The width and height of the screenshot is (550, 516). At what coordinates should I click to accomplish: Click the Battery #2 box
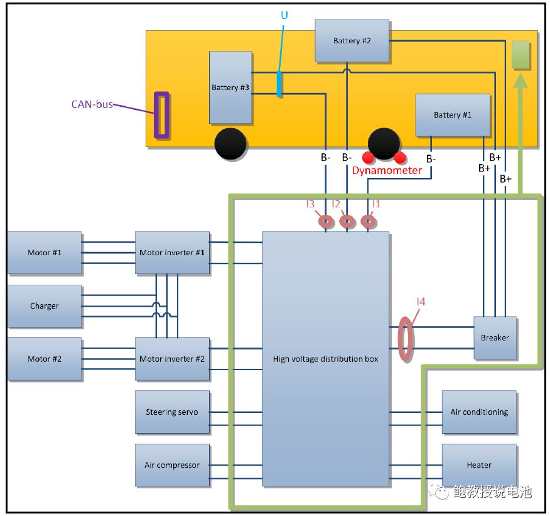[352, 41]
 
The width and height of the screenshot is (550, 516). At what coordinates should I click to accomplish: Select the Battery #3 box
[230, 87]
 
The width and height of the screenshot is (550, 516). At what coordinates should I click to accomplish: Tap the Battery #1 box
[452, 115]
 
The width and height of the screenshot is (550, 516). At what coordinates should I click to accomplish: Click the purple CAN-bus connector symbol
[162, 115]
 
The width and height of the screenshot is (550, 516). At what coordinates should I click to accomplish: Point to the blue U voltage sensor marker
[279, 84]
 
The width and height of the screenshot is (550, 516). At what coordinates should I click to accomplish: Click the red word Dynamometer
[387, 170]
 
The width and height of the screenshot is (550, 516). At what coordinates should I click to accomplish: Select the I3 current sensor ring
[326, 221]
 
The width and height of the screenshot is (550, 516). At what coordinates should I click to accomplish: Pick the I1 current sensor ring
[368, 221]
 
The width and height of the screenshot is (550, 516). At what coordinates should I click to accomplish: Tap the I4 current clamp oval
[407, 339]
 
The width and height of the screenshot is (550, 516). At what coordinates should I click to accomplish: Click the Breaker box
[495, 338]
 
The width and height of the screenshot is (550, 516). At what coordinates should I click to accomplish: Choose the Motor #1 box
[44, 253]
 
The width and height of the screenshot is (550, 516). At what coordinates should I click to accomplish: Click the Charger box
[44, 306]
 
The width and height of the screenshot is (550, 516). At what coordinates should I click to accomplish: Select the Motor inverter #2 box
[172, 359]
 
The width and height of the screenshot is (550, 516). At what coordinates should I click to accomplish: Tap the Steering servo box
[172, 412]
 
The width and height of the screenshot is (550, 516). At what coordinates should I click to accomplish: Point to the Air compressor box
[172, 465]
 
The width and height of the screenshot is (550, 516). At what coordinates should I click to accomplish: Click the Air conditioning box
[479, 412]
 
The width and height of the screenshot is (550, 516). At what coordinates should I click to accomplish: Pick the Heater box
[479, 465]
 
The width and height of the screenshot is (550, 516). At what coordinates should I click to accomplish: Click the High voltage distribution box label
[325, 360]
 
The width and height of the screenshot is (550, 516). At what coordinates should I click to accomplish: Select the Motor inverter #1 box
[172, 253]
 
